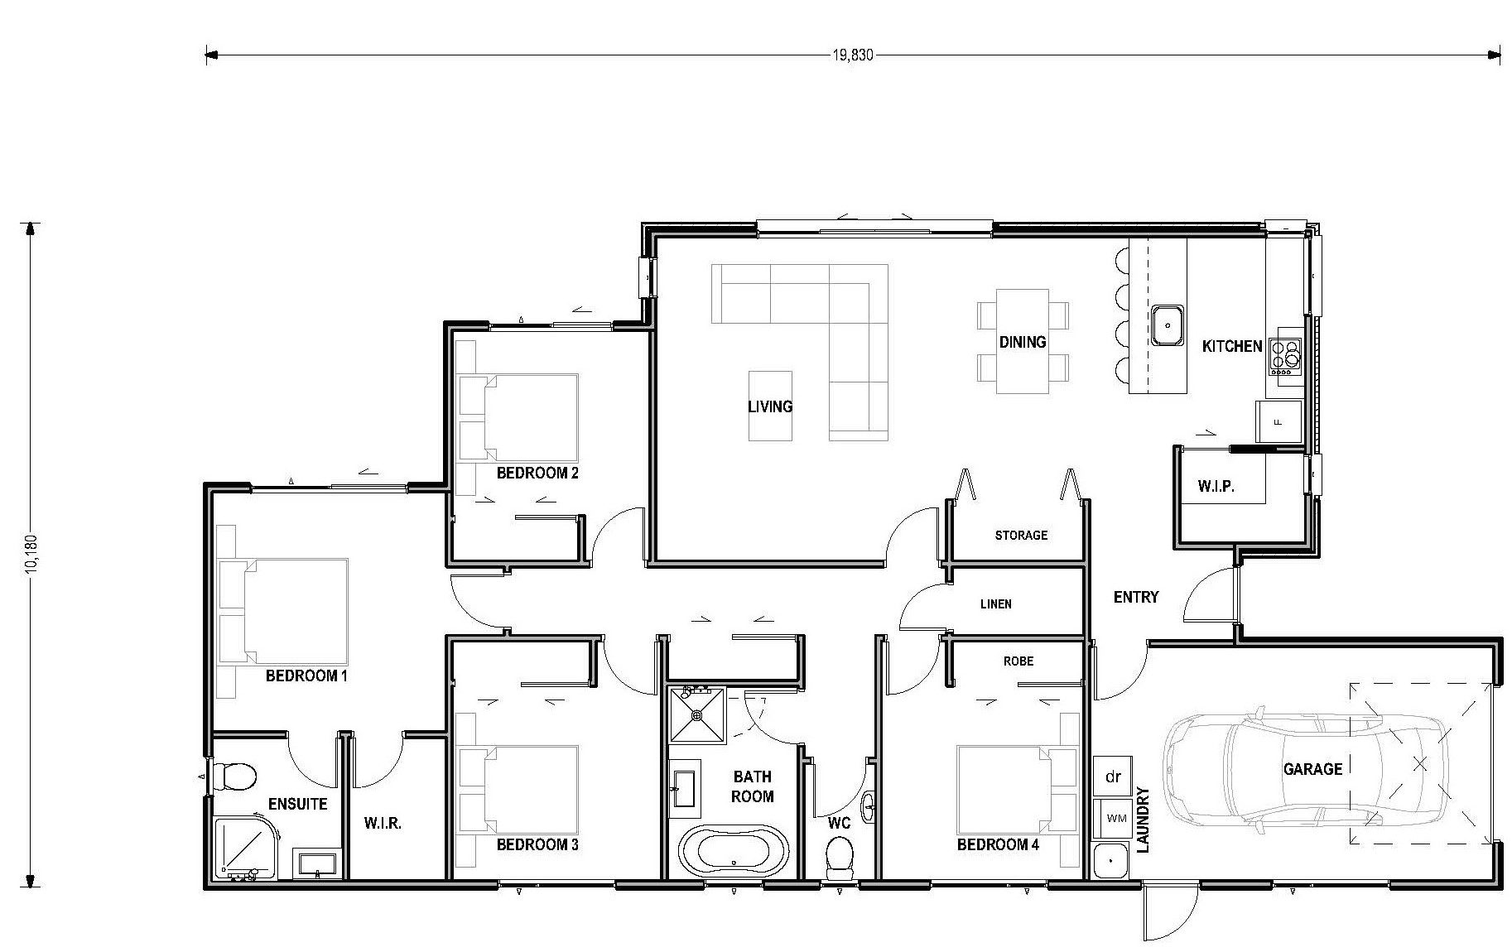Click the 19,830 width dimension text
click(x=852, y=55)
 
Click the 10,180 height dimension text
click(x=31, y=553)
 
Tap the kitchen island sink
click(x=1167, y=325)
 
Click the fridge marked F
click(x=1278, y=421)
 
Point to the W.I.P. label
click(x=1216, y=487)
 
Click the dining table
click(x=1022, y=341)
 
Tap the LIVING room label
click(x=770, y=406)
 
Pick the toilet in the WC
click(x=840, y=856)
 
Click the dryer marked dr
click(x=1113, y=777)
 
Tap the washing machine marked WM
click(x=1115, y=819)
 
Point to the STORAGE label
click(x=1021, y=536)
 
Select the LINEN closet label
click(x=995, y=604)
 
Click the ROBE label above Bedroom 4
click(x=1018, y=661)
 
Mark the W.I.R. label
click(x=383, y=824)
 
